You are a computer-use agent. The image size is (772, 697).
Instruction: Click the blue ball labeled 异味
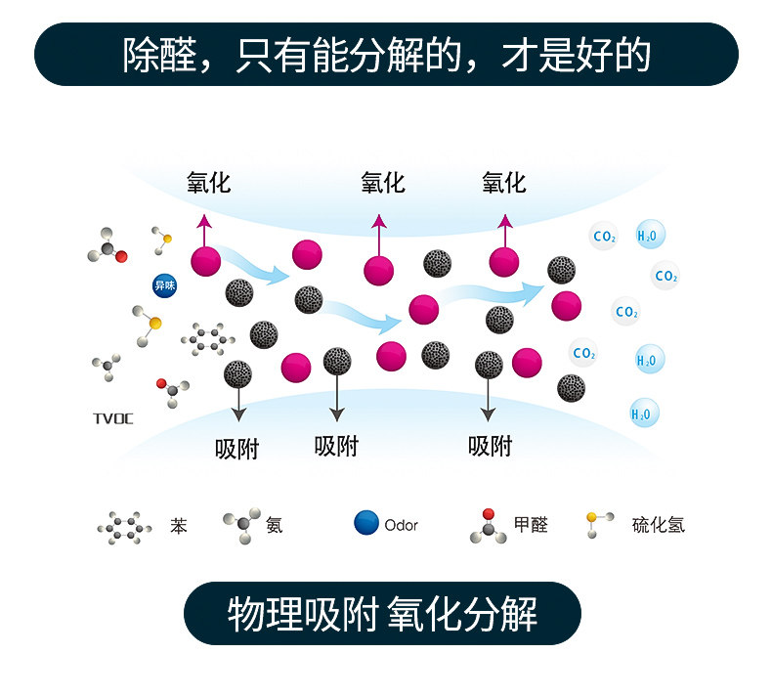tap(164, 286)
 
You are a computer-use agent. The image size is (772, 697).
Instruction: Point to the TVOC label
tap(112, 419)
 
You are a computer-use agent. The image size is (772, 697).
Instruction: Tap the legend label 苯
tap(179, 526)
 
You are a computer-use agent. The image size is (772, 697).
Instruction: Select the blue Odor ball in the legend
tap(366, 523)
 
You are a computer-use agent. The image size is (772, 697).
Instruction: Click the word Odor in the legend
tap(401, 526)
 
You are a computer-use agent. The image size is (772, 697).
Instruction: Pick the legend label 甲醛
tap(531, 525)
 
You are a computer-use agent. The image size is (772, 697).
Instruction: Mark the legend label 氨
tap(275, 525)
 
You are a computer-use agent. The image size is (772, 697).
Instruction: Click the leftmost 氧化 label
tap(208, 183)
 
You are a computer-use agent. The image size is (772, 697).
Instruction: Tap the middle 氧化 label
tap(382, 183)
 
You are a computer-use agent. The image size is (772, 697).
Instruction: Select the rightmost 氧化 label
tap(503, 183)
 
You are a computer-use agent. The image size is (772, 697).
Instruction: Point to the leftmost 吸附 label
tap(237, 449)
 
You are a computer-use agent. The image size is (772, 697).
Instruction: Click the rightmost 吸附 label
tap(491, 447)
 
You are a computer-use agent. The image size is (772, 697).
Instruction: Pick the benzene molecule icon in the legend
tap(125, 528)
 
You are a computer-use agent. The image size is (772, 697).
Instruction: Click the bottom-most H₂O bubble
tap(644, 414)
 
